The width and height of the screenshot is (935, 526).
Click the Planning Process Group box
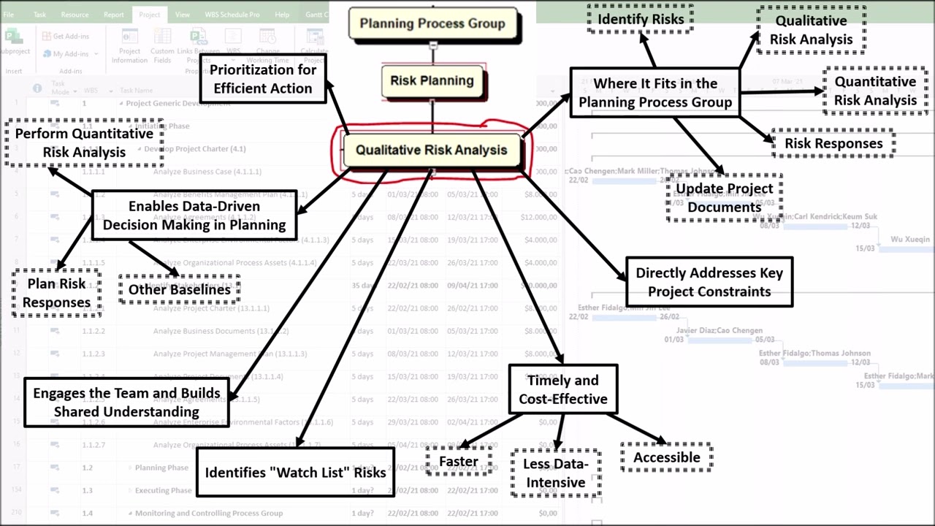coord(432,23)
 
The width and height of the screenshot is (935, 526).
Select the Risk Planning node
coord(432,81)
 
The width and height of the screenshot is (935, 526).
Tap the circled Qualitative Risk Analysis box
coord(431,150)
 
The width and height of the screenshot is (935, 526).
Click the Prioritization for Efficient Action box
coord(263,79)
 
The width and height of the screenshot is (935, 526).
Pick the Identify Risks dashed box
coord(641,19)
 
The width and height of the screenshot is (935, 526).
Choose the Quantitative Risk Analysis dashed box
coord(875,91)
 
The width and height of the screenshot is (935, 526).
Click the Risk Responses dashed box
coord(833,143)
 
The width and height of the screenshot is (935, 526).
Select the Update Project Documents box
coord(724,198)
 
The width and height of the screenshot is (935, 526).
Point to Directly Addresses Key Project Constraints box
coord(709,282)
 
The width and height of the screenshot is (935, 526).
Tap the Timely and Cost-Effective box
coord(563,389)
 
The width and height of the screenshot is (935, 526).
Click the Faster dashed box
coord(458,462)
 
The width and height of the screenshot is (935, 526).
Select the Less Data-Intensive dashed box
coord(556,473)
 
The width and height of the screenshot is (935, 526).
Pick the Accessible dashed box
coord(666,457)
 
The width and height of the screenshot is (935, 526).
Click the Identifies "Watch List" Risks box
coord(295,473)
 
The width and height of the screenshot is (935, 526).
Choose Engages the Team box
coord(126,403)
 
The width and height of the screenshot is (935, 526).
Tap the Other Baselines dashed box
coord(179,289)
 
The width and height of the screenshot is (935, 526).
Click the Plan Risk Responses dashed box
coord(56,293)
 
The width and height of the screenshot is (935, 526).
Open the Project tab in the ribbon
coord(149,14)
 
